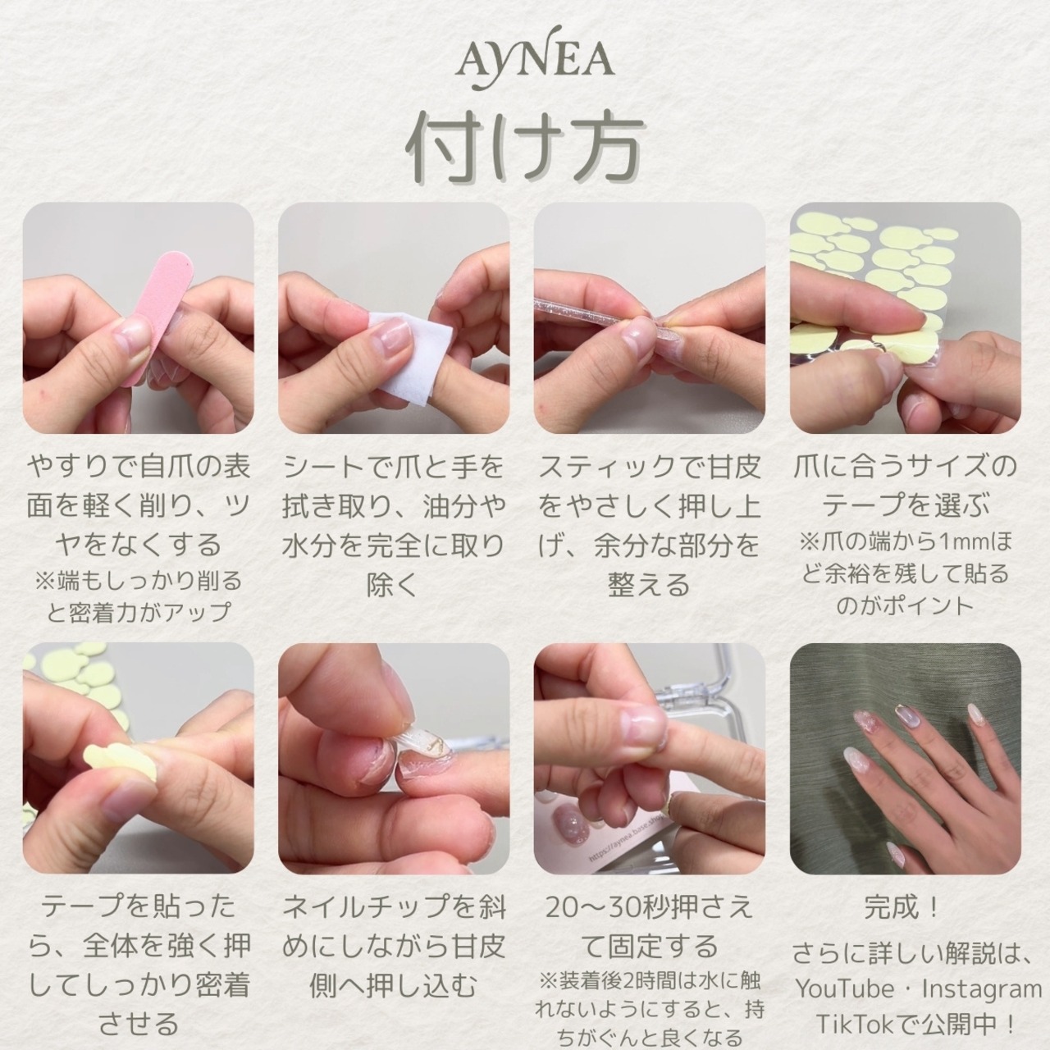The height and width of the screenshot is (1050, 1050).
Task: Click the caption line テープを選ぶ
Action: coord(905,506)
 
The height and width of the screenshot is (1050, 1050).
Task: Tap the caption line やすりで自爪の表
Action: coord(139,467)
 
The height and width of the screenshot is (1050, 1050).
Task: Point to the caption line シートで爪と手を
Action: coord(394,467)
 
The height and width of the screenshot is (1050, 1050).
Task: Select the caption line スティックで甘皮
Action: coord(649,467)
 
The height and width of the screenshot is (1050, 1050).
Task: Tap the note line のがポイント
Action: coord(905,605)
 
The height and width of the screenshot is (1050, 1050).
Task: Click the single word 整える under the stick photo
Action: coord(649,585)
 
